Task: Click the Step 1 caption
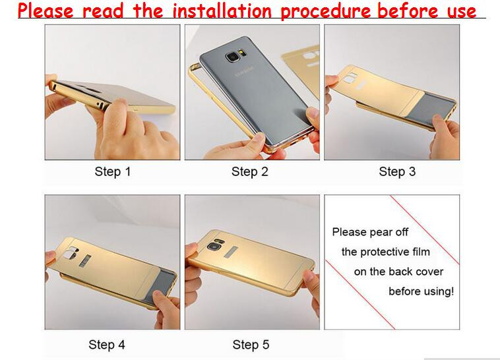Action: pos(113,172)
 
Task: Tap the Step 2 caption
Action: pos(249,172)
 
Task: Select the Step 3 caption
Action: pos(397,172)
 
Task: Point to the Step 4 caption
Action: pos(107,345)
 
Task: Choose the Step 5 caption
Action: pos(251,345)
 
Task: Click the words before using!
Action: pos(421,291)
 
